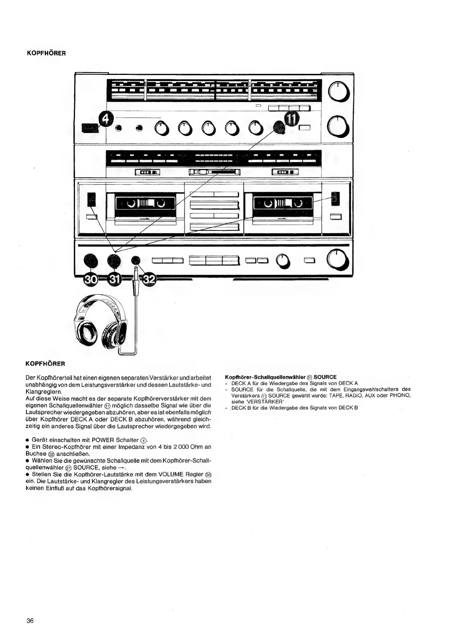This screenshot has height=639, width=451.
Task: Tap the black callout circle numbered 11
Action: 291,120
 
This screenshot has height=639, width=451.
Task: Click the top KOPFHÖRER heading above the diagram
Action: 46,53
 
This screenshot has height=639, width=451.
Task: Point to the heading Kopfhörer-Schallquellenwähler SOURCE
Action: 281,377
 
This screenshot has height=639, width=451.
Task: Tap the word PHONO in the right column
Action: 400,395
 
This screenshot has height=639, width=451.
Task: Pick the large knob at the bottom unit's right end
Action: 337,259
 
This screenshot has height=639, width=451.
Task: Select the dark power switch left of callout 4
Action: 90,128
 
